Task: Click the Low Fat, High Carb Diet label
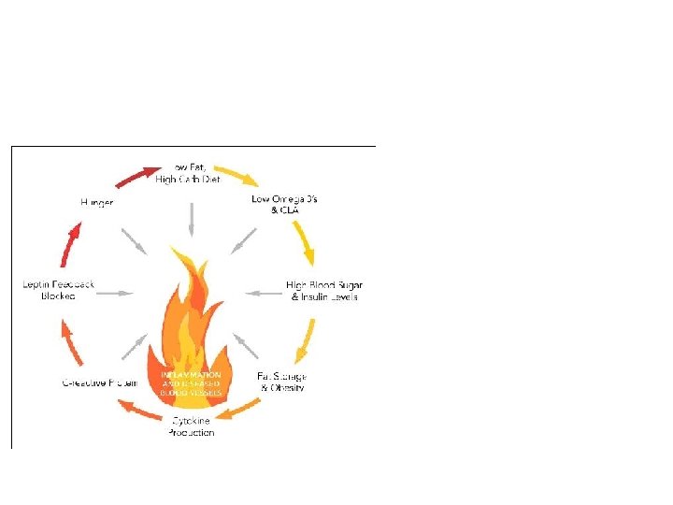(190, 173)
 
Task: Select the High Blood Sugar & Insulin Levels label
(324, 290)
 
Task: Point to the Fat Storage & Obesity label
(281, 382)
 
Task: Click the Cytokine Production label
(191, 427)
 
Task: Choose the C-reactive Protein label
(100, 382)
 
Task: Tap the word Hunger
(97, 202)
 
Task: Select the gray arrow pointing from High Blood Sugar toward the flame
(265, 293)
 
